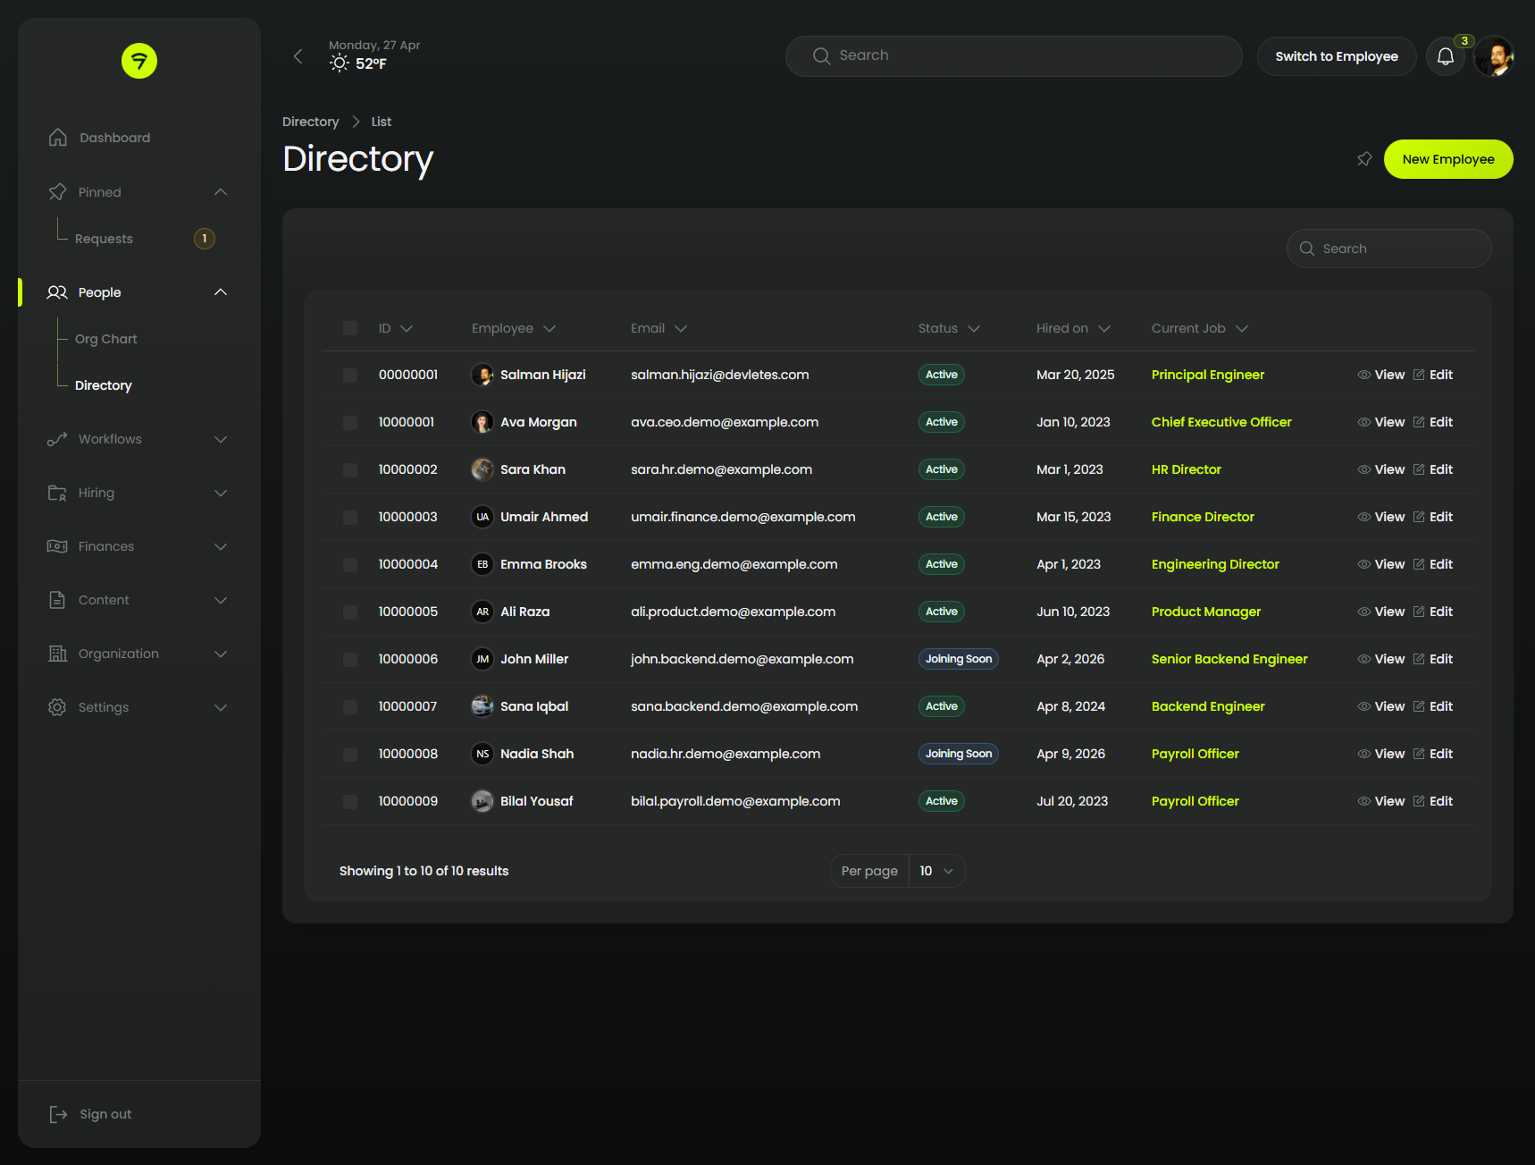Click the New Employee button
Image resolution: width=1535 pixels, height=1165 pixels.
click(x=1447, y=159)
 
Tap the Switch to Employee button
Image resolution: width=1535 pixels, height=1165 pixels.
click(x=1336, y=56)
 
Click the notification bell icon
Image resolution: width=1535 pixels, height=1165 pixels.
click(x=1445, y=57)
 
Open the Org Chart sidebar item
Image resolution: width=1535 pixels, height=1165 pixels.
click(x=105, y=339)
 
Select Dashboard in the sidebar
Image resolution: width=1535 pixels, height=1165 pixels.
click(x=114, y=138)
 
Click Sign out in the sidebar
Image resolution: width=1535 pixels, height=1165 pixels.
click(x=105, y=1114)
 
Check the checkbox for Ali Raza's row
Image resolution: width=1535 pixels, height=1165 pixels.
click(x=350, y=612)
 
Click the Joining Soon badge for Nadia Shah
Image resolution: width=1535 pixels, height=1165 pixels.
click(x=958, y=754)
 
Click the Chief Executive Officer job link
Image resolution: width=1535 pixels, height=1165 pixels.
click(x=1220, y=422)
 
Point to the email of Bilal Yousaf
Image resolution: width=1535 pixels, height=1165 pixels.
click(x=734, y=801)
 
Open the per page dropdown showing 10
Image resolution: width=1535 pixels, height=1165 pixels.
click(x=935, y=871)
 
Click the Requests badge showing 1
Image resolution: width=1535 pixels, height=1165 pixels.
click(x=205, y=239)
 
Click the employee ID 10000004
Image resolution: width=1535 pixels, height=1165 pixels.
click(x=407, y=564)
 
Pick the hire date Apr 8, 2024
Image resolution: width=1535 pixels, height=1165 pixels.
click(x=1070, y=706)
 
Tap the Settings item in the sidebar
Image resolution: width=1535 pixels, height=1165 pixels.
click(x=104, y=707)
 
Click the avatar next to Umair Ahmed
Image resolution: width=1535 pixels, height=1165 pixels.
click(x=482, y=517)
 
